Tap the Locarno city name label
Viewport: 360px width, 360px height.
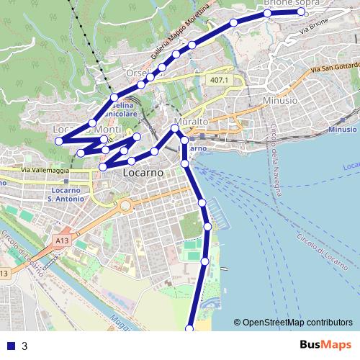[143, 174]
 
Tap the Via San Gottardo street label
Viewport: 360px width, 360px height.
[334, 69]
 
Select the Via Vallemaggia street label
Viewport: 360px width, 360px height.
[45, 170]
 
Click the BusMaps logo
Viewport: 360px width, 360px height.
[327, 346]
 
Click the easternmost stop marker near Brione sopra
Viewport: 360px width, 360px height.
[302, 12]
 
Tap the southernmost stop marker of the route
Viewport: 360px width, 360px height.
[190, 328]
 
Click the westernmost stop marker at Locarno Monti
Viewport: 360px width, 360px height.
[60, 141]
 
